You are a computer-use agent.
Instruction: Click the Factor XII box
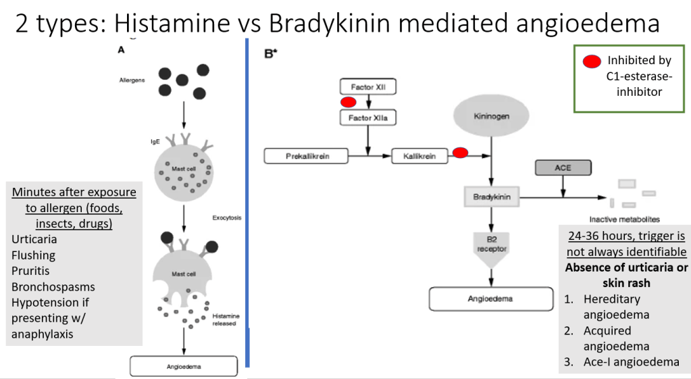click(x=367, y=87)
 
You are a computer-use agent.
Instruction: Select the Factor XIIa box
click(x=367, y=118)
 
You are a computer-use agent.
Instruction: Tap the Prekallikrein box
click(x=306, y=157)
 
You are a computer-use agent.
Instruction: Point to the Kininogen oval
click(x=492, y=116)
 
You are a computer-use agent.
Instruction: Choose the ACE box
click(x=563, y=168)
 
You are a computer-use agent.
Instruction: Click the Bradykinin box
click(x=492, y=197)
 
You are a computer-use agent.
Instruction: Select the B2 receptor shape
click(x=492, y=244)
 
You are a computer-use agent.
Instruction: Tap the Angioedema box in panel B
click(x=491, y=299)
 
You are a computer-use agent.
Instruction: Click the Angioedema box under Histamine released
click(x=184, y=367)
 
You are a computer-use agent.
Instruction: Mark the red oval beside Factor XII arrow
click(x=349, y=103)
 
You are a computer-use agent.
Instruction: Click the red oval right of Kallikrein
click(x=460, y=153)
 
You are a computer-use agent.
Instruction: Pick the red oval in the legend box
click(x=591, y=61)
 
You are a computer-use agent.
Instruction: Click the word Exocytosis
click(x=227, y=218)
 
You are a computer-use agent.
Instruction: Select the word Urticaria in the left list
click(x=34, y=239)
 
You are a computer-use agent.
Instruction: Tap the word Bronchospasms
click(x=53, y=286)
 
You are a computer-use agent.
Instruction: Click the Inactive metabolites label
click(x=623, y=219)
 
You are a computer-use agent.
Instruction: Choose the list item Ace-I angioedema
click(x=632, y=362)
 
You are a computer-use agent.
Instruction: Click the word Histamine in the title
click(x=172, y=23)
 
